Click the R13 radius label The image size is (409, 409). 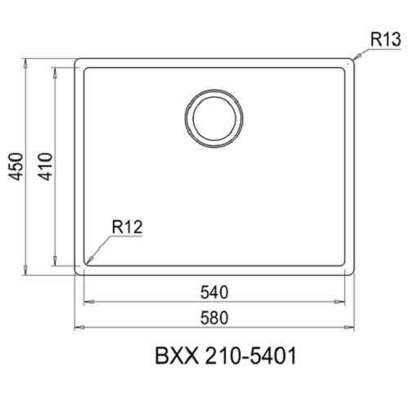pyautogui.click(x=384, y=38)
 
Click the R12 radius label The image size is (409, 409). pyautogui.click(x=128, y=229)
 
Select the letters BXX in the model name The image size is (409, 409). pyautogui.click(x=172, y=357)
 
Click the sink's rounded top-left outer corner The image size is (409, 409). pyautogui.click(x=79, y=61)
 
